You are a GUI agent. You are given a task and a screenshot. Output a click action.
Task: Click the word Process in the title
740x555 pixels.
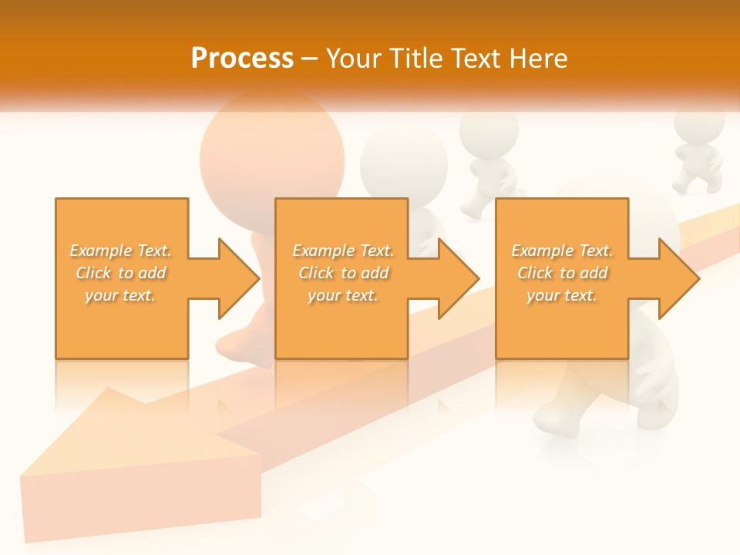click(242, 59)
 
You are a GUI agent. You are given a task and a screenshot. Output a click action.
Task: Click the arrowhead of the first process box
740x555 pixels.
click(238, 278)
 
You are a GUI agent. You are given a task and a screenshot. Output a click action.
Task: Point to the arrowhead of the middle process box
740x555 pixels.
click(459, 278)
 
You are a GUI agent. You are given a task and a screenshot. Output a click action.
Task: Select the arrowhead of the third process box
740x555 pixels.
click(678, 278)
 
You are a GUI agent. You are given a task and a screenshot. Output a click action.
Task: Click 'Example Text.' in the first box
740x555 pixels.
click(121, 251)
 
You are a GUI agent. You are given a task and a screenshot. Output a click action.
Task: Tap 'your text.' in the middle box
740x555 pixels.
click(342, 295)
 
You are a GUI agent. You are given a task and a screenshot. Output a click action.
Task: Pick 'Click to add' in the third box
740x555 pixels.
click(562, 273)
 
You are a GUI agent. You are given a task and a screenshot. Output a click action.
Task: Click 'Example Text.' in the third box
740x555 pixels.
click(562, 251)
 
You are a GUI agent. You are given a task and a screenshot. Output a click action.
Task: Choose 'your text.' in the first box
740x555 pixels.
click(121, 295)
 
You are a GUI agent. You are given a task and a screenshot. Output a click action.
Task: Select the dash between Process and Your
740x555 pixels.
click(309, 59)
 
